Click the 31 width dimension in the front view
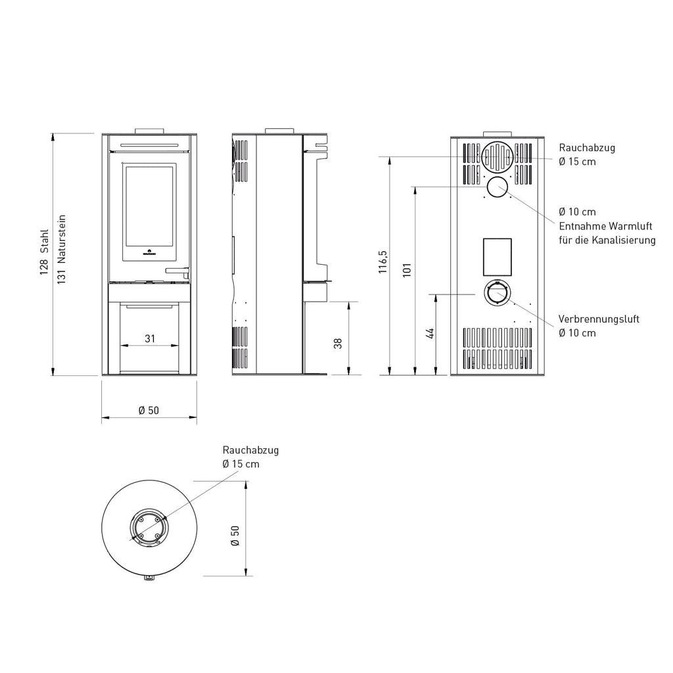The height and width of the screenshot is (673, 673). (150, 338)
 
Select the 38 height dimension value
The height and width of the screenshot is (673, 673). (338, 343)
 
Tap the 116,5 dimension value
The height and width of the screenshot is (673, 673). (383, 262)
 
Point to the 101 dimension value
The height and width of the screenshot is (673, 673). (407, 269)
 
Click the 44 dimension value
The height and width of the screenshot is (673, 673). (430, 333)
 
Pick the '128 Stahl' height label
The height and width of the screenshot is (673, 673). (44, 252)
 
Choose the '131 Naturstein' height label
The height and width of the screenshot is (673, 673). (61, 249)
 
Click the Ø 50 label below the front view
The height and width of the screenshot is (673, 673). (149, 410)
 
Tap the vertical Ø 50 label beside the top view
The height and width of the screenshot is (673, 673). (235, 536)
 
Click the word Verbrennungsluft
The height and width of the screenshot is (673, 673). (599, 319)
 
